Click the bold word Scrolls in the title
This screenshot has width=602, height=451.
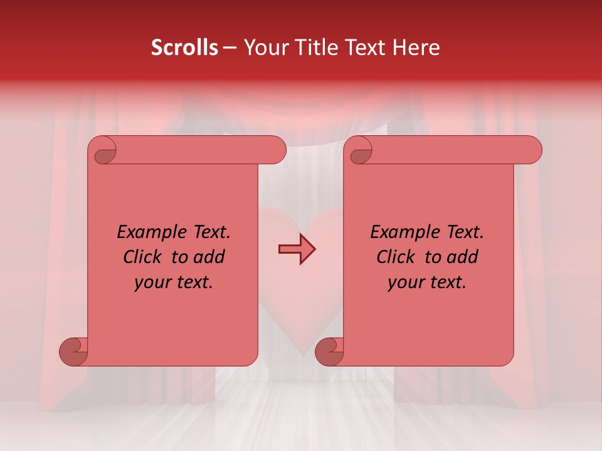pyautogui.click(x=184, y=48)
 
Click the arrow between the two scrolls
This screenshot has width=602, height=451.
pyautogui.click(x=297, y=249)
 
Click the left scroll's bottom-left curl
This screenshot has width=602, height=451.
pyautogui.click(x=74, y=351)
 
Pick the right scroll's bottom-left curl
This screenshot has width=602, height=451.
pyautogui.click(x=330, y=351)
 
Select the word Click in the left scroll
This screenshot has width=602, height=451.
pyautogui.click(x=143, y=257)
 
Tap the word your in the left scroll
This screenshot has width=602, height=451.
pyautogui.click(x=151, y=283)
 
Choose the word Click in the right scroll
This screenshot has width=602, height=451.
pyautogui.click(x=396, y=257)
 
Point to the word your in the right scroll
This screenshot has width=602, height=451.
pyautogui.click(x=404, y=283)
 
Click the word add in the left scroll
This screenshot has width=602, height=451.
pyautogui.click(x=209, y=257)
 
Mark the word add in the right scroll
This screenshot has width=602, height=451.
pyautogui.click(x=463, y=257)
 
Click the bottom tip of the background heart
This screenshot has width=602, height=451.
pyautogui.click(x=304, y=355)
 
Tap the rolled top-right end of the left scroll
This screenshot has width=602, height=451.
pyautogui.click(x=276, y=150)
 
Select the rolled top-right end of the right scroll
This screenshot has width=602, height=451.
pyautogui.click(x=532, y=150)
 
